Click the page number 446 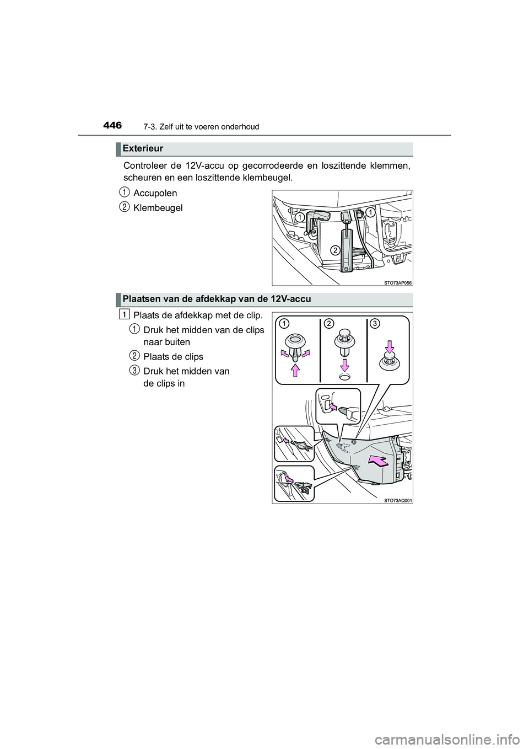112,126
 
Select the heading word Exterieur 143,148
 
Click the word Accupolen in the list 155,193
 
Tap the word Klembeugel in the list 158,208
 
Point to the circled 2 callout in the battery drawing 334,250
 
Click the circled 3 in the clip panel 374,323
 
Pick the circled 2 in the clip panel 329,323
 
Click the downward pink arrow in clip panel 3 390,346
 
